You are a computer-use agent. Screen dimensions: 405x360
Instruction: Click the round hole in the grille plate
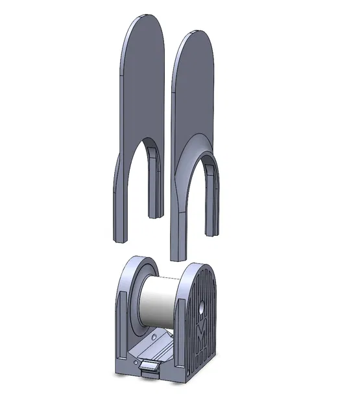click(201, 303)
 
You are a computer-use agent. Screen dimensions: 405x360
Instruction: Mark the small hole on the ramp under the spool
click(153, 338)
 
